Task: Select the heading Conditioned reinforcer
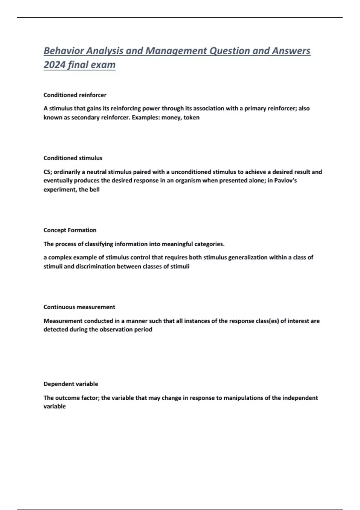pos(75,95)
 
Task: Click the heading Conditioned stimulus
pos(73,158)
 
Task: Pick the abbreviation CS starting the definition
pos(47,172)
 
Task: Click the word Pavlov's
pos(285,181)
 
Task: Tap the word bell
pos(94,190)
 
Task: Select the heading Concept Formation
pos(70,230)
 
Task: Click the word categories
pos(209,244)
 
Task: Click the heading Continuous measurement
pos(79,307)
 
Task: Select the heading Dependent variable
pos(71,384)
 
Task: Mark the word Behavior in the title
pos(63,51)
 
